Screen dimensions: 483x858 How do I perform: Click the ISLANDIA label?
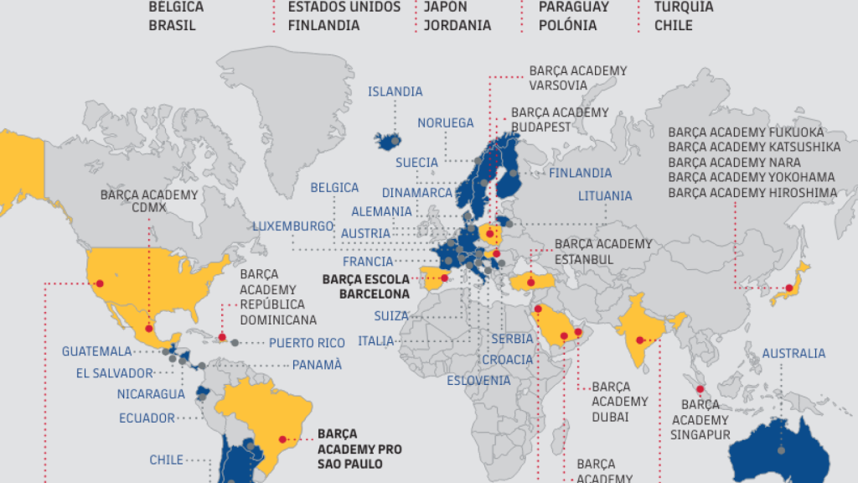coord(395,91)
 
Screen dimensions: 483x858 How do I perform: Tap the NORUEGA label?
coord(446,122)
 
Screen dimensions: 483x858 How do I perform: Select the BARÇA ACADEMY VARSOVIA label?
coord(577,78)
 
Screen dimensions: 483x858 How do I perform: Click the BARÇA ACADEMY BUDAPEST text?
coord(560,119)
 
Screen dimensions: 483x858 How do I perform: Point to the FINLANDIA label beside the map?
coord(581,173)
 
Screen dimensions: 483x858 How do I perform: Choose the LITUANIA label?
coord(605,195)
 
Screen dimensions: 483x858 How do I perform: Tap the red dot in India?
coord(640,340)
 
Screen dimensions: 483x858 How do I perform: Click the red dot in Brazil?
coord(282,438)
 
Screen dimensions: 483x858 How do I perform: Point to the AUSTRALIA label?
coord(793,353)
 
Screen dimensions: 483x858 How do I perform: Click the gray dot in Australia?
coord(782,450)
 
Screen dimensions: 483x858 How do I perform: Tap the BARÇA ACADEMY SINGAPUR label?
coord(700,419)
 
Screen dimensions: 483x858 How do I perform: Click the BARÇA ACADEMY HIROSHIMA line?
coord(752,193)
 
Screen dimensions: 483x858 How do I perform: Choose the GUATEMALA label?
coord(96,351)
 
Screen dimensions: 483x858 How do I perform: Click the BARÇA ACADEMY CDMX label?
coord(149,201)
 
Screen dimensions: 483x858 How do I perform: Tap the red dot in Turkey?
coord(530,283)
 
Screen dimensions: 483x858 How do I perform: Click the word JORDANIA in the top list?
coord(457,25)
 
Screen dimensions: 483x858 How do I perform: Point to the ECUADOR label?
coord(147,418)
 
